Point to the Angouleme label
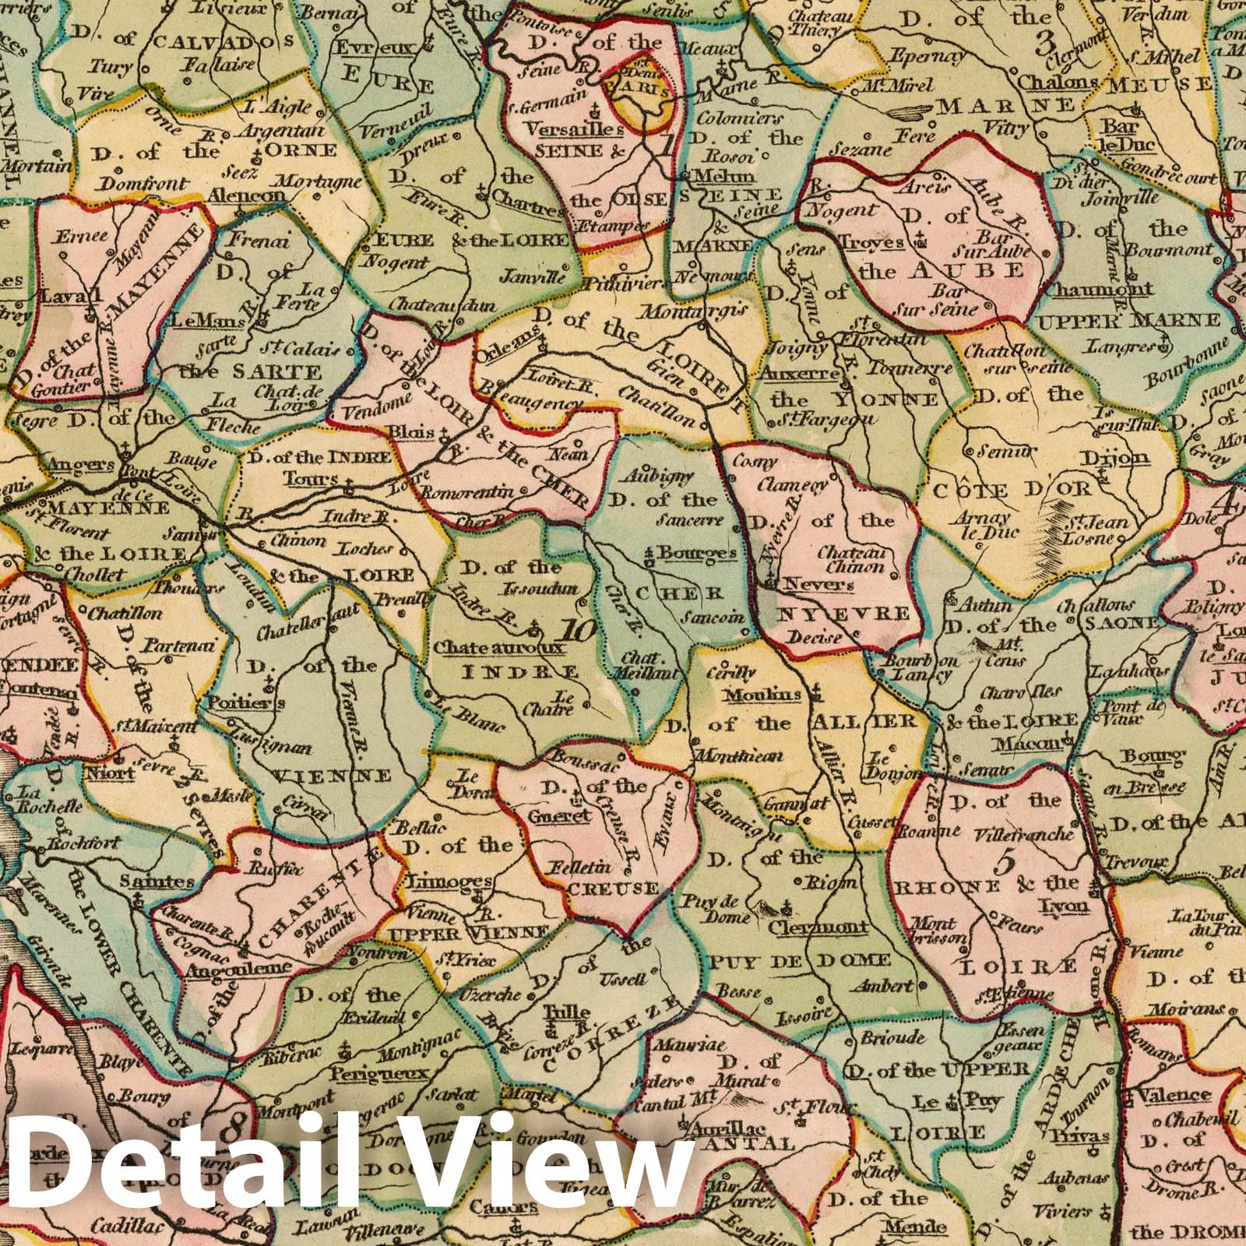(238, 968)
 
